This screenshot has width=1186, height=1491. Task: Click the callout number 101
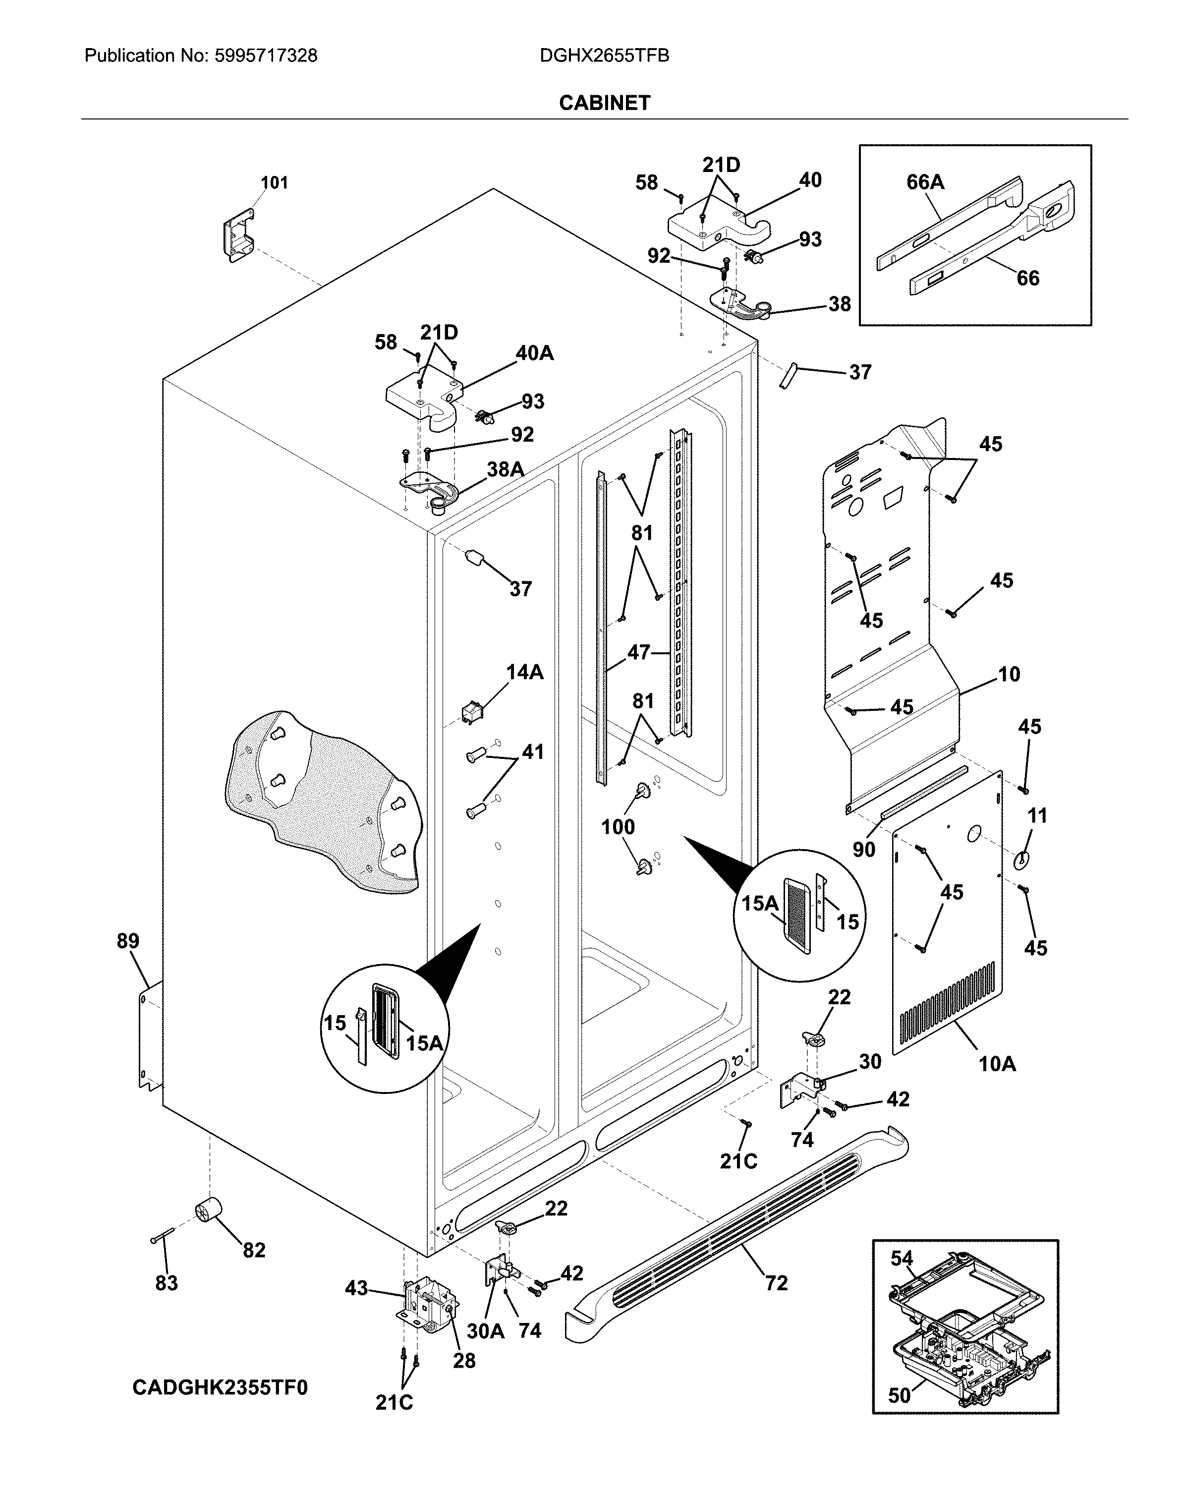(274, 182)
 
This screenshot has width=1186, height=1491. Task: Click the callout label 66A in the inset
(925, 182)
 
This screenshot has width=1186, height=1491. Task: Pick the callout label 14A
(524, 672)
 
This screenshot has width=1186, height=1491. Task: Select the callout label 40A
(535, 353)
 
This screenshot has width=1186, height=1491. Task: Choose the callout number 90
(864, 849)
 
